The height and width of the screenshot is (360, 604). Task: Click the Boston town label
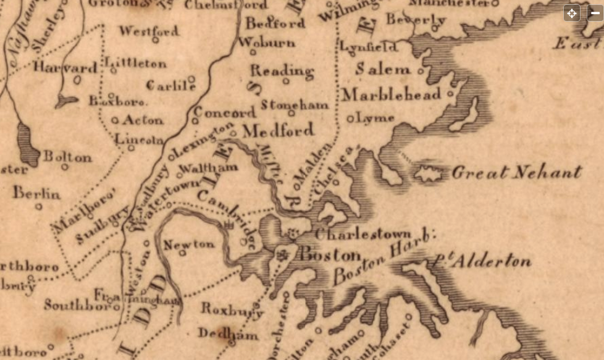[x=330, y=254]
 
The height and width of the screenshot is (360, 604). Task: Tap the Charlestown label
[x=363, y=235]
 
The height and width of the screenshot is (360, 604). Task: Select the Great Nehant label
[x=516, y=172]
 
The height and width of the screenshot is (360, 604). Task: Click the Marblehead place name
[x=392, y=94]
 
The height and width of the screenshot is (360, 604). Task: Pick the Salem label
[x=383, y=69]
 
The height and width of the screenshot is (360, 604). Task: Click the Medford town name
[x=278, y=130]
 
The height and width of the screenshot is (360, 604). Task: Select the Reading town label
[x=282, y=70]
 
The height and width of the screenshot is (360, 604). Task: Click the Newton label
[x=189, y=244]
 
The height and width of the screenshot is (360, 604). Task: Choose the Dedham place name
[x=219, y=333]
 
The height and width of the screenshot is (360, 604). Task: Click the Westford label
[x=149, y=30]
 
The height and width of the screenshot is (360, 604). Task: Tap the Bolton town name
[x=67, y=157]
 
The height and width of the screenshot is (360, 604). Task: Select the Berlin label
[x=37, y=193]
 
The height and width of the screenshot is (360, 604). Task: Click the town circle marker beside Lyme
[x=351, y=119]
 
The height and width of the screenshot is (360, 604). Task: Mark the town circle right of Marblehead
[x=450, y=94]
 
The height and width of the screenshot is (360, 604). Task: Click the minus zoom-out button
[x=595, y=13]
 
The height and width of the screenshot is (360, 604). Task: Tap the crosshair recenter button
[x=572, y=13]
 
